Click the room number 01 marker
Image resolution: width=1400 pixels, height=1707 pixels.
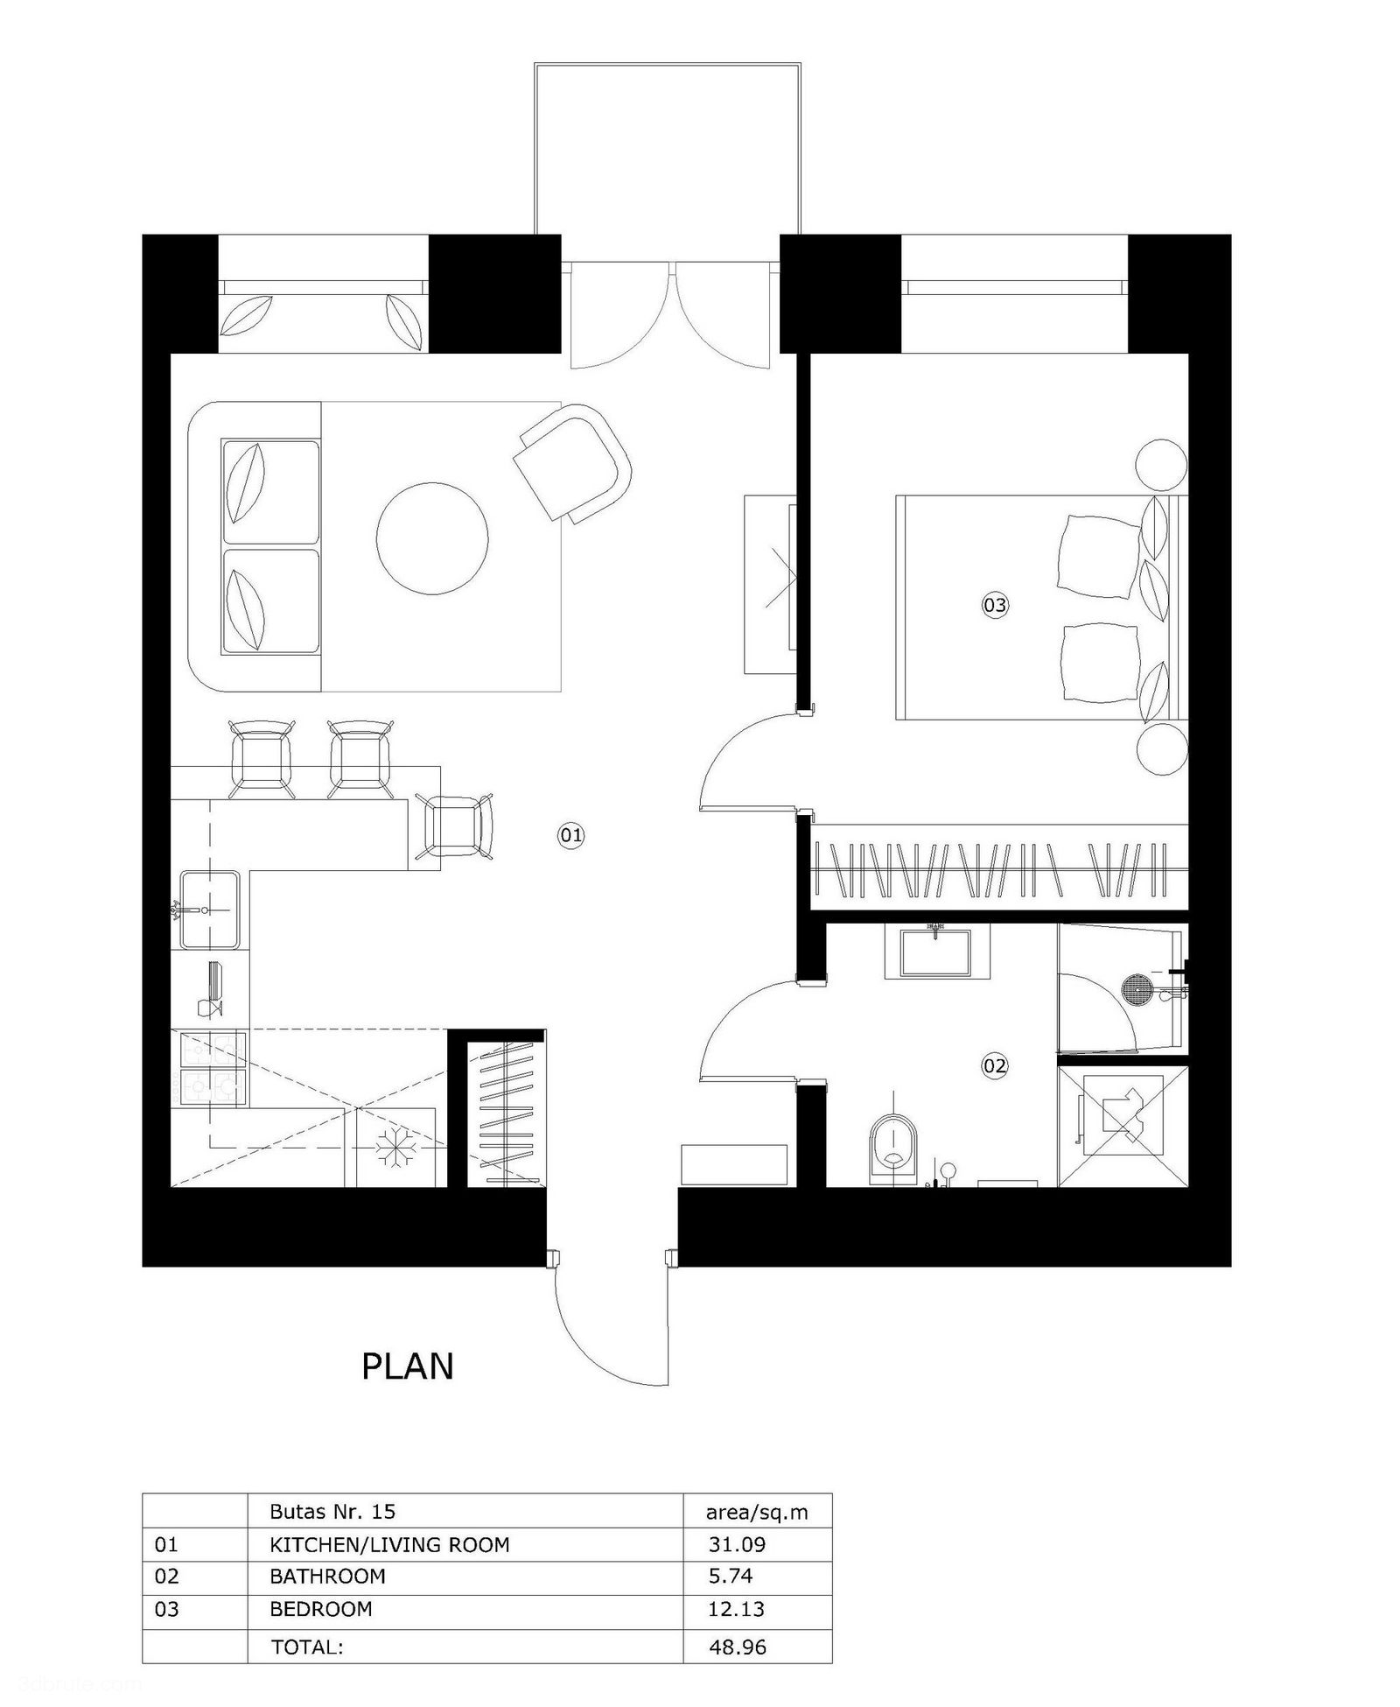coord(570,835)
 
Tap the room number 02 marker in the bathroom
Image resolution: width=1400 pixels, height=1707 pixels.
coord(995,1065)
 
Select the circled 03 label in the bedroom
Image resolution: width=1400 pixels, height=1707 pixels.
coord(995,604)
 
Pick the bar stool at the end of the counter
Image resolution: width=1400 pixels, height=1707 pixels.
coord(455,825)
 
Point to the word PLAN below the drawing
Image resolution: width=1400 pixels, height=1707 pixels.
coord(408,1366)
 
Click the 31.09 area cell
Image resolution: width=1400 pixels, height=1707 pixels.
coord(737,1544)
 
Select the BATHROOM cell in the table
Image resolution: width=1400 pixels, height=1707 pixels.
coord(327,1576)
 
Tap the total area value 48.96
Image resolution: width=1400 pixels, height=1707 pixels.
coord(738,1647)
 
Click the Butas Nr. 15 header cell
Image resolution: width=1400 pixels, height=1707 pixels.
coord(333,1512)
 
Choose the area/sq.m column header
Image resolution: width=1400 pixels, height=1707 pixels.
coord(757,1512)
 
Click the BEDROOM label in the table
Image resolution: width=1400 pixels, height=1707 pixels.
coord(321,1608)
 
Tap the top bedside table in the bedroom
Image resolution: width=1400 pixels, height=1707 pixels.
coord(1161,465)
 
